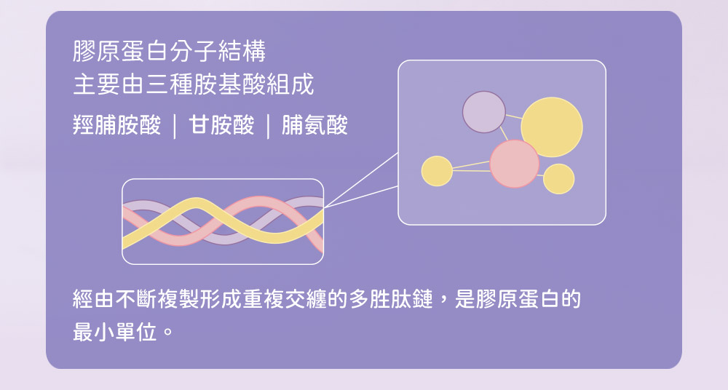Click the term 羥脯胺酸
click(117, 125)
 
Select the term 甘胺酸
click(221, 125)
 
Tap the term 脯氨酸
click(314, 125)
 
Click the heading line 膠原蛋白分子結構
click(170, 51)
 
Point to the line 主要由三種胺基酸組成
click(194, 84)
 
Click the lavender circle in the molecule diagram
click(484, 112)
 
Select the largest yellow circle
click(552, 127)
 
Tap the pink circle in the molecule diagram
click(515, 164)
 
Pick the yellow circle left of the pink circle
click(437, 171)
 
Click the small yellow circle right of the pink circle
click(558, 179)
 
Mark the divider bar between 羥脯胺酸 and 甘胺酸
click(175, 127)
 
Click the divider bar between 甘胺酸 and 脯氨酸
click(269, 127)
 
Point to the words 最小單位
click(115, 333)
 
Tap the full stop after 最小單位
click(168, 333)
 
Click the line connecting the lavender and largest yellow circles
click(514, 116)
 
